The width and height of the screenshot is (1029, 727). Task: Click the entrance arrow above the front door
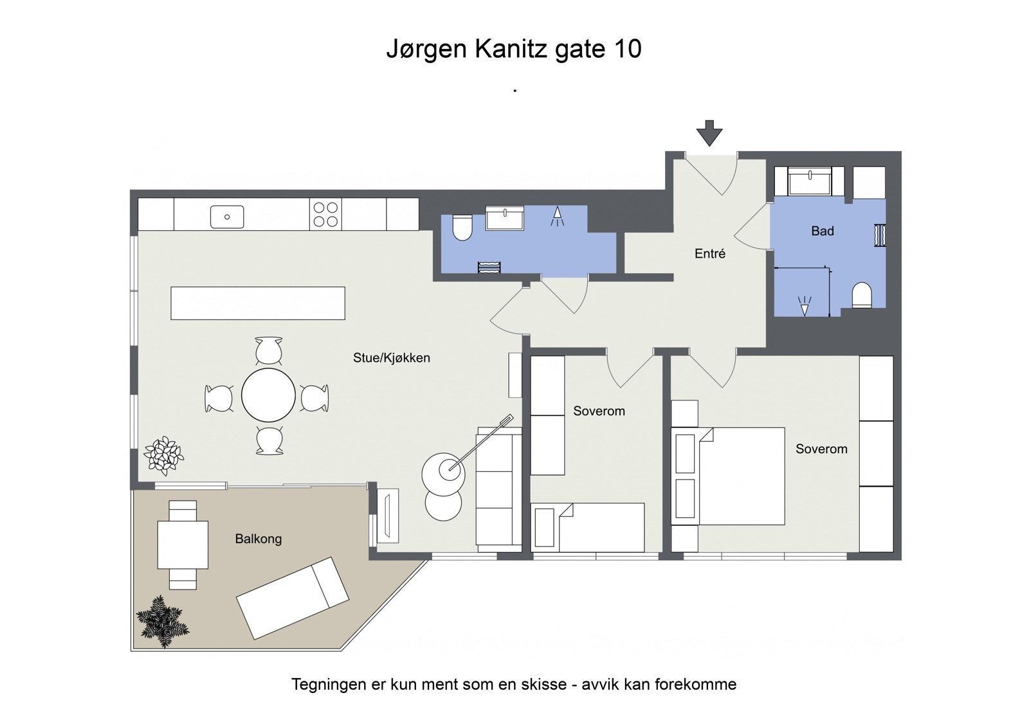[x=709, y=132]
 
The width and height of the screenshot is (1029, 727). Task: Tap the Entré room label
[x=710, y=254]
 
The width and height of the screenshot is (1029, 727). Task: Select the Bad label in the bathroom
[x=822, y=231]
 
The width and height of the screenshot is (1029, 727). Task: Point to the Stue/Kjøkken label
[x=391, y=358]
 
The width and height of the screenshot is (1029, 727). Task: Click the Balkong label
[x=258, y=539]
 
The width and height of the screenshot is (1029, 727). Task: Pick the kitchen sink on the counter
[x=227, y=217]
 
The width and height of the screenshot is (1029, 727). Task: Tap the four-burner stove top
[x=325, y=215]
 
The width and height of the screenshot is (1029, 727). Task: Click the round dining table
[x=268, y=395]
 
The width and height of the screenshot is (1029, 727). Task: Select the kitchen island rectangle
[x=257, y=303]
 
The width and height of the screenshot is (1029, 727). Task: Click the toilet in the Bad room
[x=861, y=296]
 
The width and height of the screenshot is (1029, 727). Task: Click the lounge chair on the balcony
[x=293, y=598]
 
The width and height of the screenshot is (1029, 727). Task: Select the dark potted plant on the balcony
[x=162, y=620]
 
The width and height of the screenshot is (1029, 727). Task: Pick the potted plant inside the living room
[x=163, y=455]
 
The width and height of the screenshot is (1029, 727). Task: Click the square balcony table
[x=183, y=544]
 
